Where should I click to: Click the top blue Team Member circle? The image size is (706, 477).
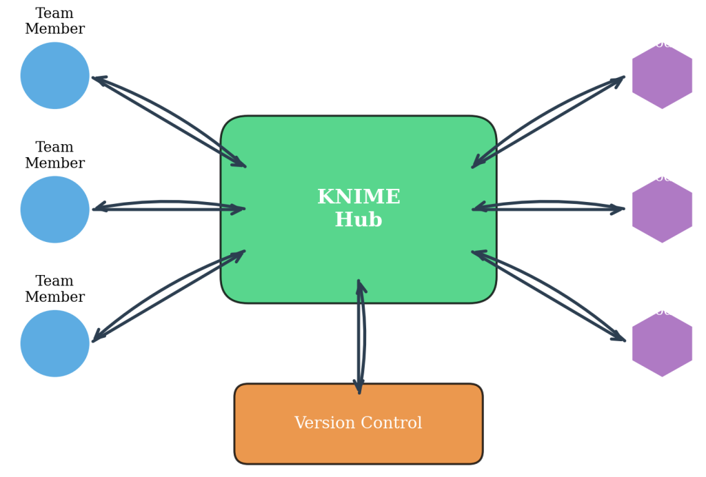tap(55, 76)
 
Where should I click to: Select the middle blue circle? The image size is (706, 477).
tap(55, 210)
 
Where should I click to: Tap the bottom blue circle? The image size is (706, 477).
tap(55, 343)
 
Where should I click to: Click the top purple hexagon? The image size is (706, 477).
tap(662, 76)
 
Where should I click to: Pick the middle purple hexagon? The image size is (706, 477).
tap(662, 210)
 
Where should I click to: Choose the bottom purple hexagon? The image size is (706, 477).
tap(662, 343)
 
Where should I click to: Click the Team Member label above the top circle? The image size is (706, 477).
tap(54, 21)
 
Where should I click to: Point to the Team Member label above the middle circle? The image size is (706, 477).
tap(54, 156)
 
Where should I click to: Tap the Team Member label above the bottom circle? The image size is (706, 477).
tap(54, 290)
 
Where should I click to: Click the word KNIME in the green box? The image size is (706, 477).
tap(359, 197)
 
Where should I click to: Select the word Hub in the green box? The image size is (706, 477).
tap(359, 220)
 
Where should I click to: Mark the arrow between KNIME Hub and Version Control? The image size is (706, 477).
tap(359, 338)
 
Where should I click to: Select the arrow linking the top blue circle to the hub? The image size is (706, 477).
tap(169, 121)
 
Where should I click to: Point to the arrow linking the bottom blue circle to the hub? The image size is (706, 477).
tap(169, 296)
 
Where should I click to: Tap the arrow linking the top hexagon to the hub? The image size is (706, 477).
tap(549, 121)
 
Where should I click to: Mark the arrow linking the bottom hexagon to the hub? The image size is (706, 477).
tap(549, 296)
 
